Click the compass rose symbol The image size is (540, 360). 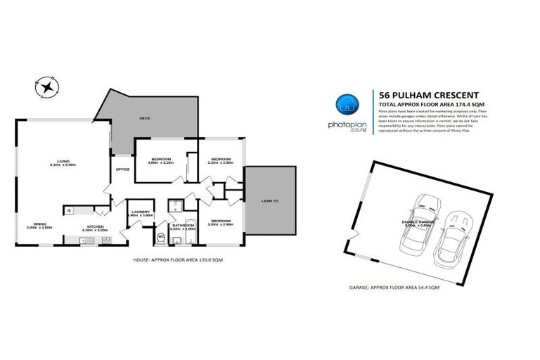[48, 86]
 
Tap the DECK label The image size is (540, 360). [146, 118]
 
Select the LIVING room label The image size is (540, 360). [63, 161]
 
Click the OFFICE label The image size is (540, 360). [123, 169]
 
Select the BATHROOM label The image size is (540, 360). [181, 226]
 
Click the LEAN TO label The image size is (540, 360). [270, 201]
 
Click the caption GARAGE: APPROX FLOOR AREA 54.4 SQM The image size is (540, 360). [394, 288]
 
